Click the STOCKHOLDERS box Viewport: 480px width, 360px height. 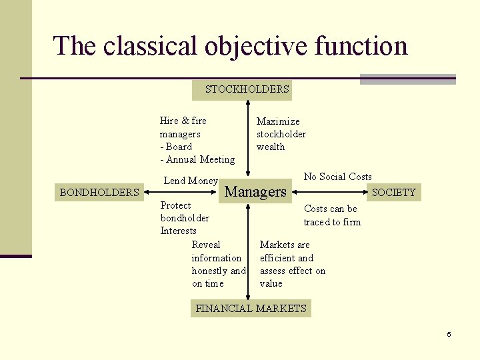(x=247, y=89)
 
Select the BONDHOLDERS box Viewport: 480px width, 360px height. (x=99, y=193)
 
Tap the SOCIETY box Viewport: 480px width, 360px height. (x=393, y=193)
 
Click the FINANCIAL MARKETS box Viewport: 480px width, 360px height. (x=251, y=308)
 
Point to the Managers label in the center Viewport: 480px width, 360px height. (x=256, y=192)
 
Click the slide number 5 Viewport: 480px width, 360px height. (x=449, y=334)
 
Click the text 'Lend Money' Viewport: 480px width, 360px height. (x=191, y=181)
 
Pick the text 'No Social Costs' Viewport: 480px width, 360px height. (x=337, y=177)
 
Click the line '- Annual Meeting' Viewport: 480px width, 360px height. (x=197, y=159)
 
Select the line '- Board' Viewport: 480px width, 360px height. (x=176, y=147)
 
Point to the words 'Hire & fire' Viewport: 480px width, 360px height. (x=183, y=121)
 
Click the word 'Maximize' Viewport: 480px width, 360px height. (x=278, y=121)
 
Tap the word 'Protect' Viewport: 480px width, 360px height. (x=175, y=205)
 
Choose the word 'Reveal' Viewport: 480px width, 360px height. (x=206, y=245)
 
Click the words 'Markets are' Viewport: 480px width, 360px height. (x=285, y=245)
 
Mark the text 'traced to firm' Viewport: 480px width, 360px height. (x=332, y=221)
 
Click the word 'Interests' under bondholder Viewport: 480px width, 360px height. (x=178, y=231)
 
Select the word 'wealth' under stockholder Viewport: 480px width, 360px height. (x=271, y=147)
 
